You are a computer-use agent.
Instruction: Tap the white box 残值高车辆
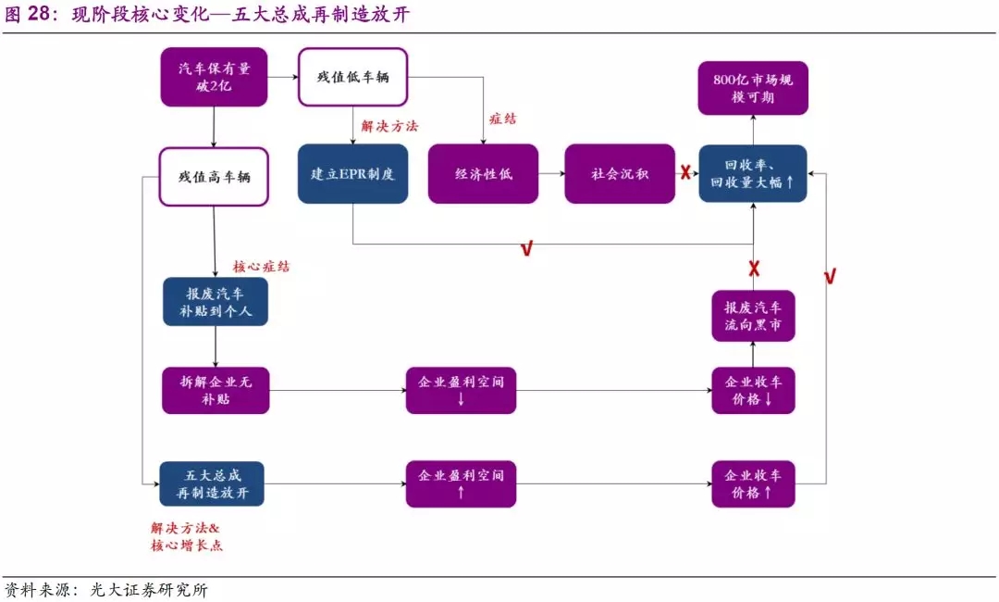click(x=214, y=176)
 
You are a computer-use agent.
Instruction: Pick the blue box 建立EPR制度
click(x=352, y=173)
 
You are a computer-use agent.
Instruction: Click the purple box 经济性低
click(x=483, y=173)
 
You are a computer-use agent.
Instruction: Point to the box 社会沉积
click(x=619, y=173)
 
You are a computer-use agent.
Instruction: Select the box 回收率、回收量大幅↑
click(x=752, y=173)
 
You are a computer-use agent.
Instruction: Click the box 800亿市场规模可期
click(x=752, y=88)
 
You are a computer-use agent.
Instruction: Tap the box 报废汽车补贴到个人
click(x=215, y=301)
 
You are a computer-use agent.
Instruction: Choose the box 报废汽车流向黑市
click(x=753, y=316)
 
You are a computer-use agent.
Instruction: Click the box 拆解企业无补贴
click(x=215, y=390)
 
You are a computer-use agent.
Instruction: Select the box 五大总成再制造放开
click(x=212, y=483)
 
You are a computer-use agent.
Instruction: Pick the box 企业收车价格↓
click(x=753, y=390)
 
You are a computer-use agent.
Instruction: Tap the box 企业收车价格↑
click(x=753, y=483)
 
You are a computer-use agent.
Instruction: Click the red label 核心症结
click(x=260, y=266)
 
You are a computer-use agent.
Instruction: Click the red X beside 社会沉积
click(x=685, y=172)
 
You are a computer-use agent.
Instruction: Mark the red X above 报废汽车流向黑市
click(x=754, y=269)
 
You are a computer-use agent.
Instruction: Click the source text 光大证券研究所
click(x=149, y=590)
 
